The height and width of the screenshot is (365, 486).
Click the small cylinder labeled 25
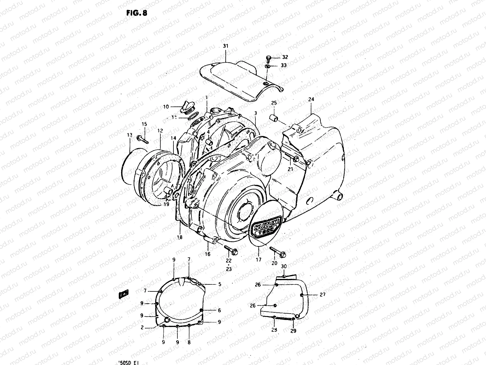(275, 117)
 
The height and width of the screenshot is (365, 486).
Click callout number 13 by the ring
(130, 135)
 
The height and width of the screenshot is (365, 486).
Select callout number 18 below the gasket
(180, 237)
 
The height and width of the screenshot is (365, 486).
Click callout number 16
(207, 254)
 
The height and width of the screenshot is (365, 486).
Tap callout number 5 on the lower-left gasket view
(219, 284)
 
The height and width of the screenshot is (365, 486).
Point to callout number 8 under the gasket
(189, 342)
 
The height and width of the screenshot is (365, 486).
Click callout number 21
(290, 169)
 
